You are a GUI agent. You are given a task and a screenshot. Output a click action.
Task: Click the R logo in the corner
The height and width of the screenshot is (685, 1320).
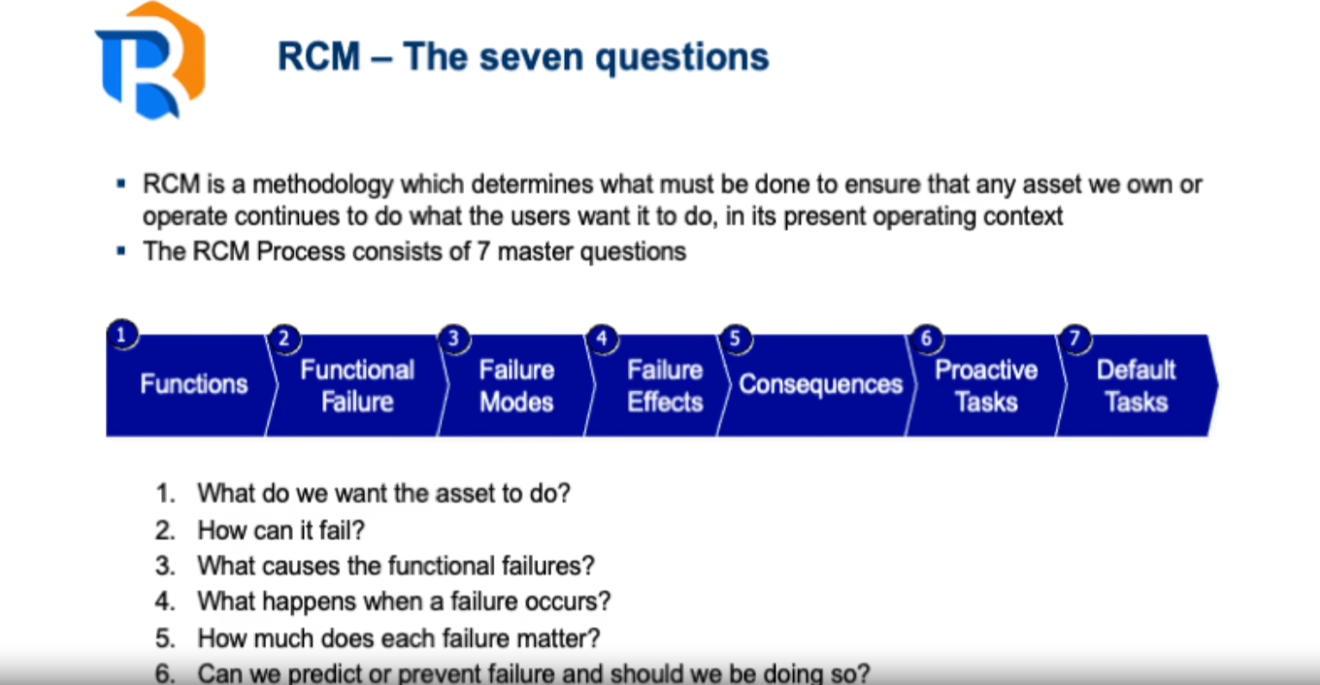click(149, 60)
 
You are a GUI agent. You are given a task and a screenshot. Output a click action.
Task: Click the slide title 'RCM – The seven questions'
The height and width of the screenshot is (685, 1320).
click(523, 56)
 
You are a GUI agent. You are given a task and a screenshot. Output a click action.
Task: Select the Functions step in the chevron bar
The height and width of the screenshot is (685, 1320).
click(193, 385)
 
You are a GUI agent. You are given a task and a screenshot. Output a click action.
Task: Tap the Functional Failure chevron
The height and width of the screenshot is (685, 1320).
click(356, 385)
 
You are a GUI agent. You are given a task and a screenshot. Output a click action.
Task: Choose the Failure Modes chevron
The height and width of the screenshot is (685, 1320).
click(515, 385)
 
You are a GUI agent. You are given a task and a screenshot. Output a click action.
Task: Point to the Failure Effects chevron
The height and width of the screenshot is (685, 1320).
click(664, 385)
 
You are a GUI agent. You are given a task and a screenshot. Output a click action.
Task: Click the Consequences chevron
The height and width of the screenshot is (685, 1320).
click(820, 385)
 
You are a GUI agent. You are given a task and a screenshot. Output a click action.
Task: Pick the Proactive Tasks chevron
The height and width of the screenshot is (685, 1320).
click(985, 385)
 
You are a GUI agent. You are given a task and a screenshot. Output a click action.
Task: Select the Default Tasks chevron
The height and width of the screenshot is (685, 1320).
click(1136, 385)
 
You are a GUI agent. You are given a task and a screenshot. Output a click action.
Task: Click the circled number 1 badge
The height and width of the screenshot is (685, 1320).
click(121, 335)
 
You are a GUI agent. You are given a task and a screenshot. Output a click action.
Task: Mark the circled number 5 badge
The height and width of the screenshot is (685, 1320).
click(735, 339)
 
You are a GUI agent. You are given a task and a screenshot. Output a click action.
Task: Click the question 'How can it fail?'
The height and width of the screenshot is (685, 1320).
click(280, 530)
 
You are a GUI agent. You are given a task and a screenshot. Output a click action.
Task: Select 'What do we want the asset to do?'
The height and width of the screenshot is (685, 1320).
click(383, 493)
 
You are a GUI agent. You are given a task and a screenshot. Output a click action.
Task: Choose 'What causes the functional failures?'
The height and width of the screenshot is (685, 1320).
click(395, 566)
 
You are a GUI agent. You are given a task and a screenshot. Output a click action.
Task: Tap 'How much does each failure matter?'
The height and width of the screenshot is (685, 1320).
click(398, 638)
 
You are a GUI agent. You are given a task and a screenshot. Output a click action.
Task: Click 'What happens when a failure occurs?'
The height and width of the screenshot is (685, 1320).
click(404, 602)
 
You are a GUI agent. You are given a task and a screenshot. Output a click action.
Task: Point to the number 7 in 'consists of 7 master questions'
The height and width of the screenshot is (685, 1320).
click(483, 251)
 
